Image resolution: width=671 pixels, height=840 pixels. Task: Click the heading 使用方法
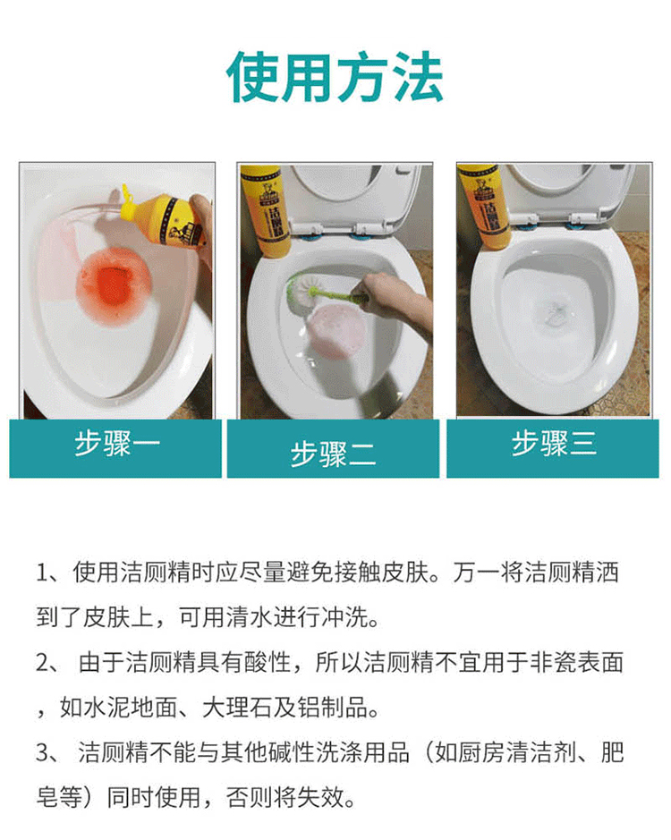pyautogui.click(x=335, y=77)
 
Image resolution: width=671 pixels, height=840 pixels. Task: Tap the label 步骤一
pyautogui.click(x=116, y=444)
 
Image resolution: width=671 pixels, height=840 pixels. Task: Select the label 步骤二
pyautogui.click(x=334, y=454)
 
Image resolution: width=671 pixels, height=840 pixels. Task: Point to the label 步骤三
pyautogui.click(x=554, y=444)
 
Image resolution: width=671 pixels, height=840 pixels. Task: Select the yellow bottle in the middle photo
pyautogui.click(x=266, y=210)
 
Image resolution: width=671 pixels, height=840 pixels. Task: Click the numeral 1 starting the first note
pyautogui.click(x=42, y=573)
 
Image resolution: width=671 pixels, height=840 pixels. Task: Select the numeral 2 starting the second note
pyautogui.click(x=43, y=663)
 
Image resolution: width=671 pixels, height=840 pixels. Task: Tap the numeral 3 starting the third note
pyautogui.click(x=43, y=753)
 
